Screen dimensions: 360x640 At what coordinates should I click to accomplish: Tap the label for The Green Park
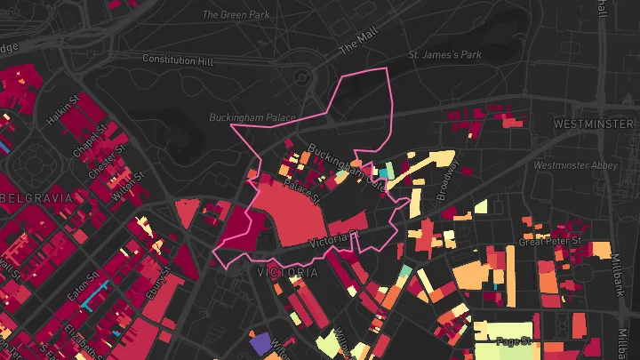(x=235, y=14)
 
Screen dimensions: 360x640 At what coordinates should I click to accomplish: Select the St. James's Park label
(x=444, y=55)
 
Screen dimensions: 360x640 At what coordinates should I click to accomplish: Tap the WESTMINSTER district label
(x=595, y=124)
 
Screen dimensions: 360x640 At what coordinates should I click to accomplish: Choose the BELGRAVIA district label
(x=35, y=197)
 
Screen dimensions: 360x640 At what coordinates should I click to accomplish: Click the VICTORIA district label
(x=286, y=273)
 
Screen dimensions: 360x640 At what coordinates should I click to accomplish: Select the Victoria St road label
(x=332, y=240)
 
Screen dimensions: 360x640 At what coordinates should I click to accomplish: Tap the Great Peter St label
(x=549, y=241)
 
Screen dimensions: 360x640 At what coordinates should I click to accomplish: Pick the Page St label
(x=513, y=341)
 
